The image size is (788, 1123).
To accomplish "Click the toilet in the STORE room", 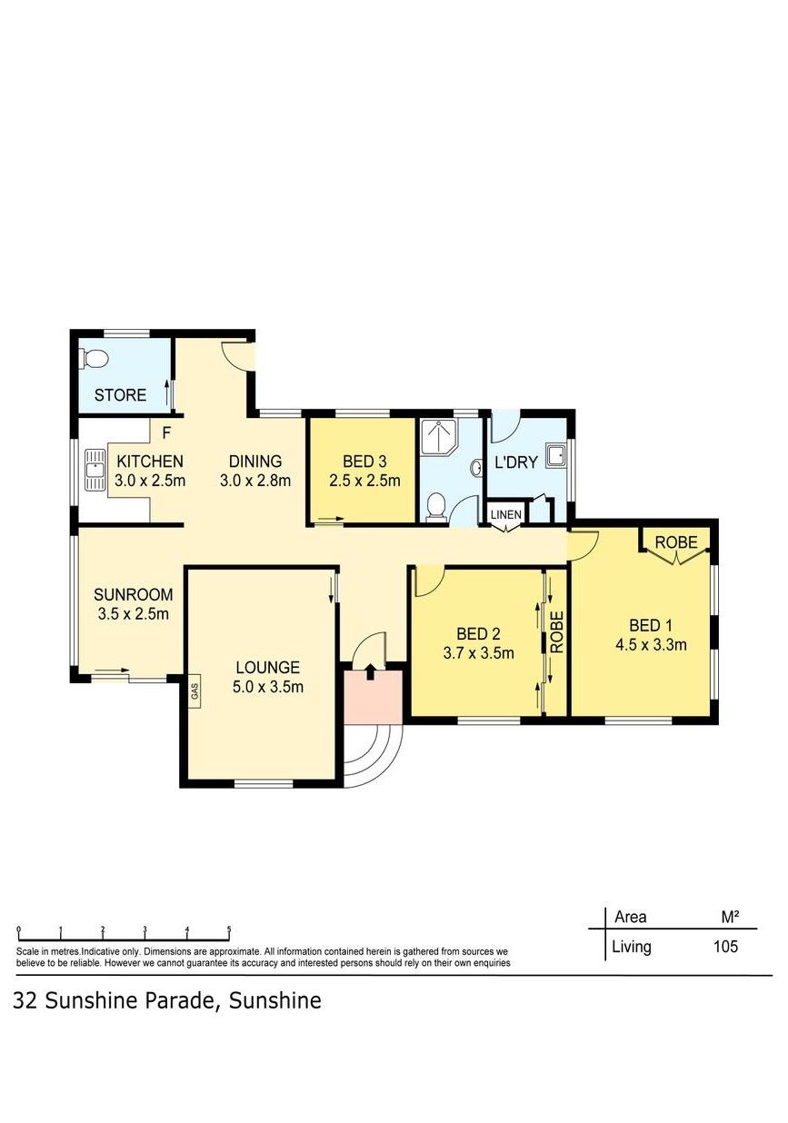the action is click(x=95, y=359).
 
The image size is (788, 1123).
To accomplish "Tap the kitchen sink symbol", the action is click(x=95, y=469).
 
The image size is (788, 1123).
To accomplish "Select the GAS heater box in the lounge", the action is click(x=195, y=692).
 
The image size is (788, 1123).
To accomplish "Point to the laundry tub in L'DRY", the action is click(x=555, y=456).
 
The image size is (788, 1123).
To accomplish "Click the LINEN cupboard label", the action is click(x=506, y=514).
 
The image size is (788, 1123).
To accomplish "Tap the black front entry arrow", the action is click(x=370, y=671).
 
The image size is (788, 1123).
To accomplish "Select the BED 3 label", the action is click(x=364, y=462).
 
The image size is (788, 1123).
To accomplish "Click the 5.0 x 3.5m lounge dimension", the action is click(x=268, y=686).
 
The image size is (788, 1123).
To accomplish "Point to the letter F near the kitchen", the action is click(x=166, y=432).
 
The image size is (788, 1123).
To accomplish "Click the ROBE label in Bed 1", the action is click(x=676, y=542).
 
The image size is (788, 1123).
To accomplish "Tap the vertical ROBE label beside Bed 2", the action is click(x=557, y=632).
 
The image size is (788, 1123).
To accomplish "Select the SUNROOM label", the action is click(x=134, y=594).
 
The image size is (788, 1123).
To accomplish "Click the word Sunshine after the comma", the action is click(x=274, y=1000).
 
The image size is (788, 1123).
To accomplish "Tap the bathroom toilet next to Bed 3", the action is click(x=435, y=506).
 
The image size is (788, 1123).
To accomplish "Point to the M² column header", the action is click(x=730, y=917).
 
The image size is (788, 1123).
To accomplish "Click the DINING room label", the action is click(x=255, y=462).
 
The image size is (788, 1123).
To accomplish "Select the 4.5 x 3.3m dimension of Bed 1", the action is click(x=651, y=644).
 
